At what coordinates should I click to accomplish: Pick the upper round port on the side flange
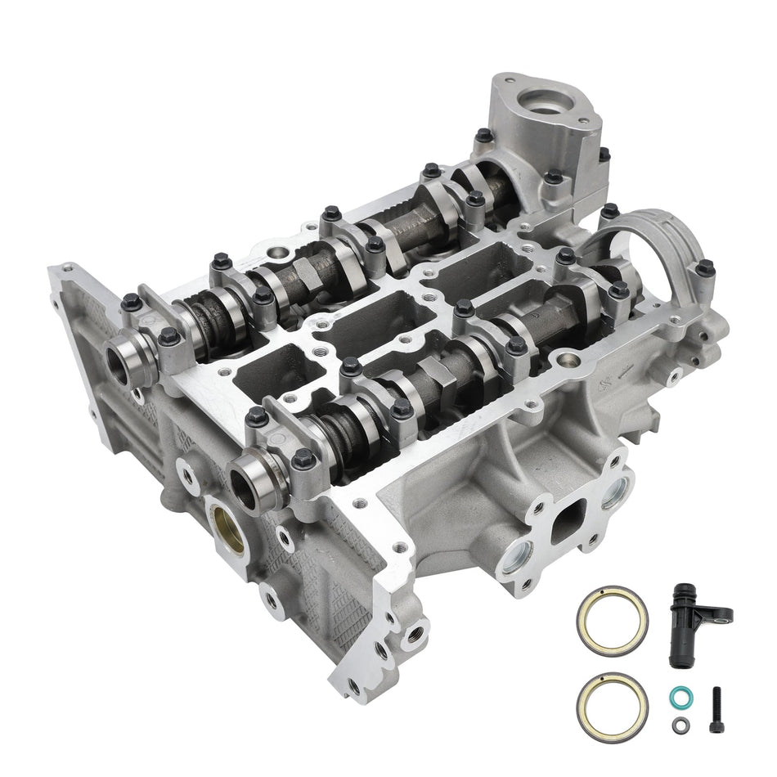pyautogui.click(x=615, y=490)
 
